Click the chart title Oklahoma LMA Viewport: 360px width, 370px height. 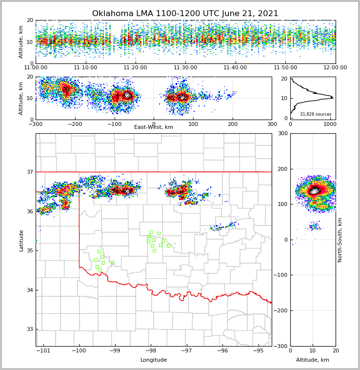click(185, 14)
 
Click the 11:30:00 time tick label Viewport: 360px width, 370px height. click(185, 68)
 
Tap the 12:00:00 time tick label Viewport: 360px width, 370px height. click(335, 68)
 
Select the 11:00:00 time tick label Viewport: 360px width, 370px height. click(36, 68)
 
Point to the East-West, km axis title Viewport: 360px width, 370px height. click(154, 127)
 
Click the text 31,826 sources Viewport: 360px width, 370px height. click(316, 114)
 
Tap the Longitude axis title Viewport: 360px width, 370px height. click(154, 360)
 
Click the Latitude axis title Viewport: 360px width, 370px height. click(21, 240)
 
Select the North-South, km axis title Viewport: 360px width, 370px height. click(340, 240)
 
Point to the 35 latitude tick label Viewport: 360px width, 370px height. click(30, 250)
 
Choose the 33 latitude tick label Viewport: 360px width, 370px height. click(30, 329)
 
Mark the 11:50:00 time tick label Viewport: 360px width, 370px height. click(285, 68)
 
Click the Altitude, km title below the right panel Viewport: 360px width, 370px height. click(313, 360)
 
